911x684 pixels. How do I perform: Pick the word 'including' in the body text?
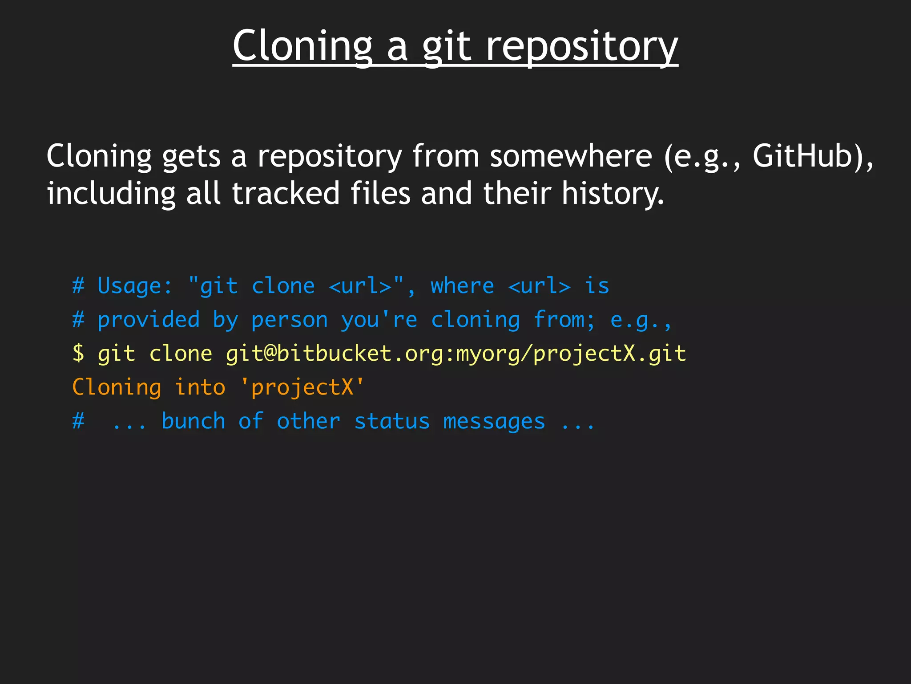[x=111, y=194]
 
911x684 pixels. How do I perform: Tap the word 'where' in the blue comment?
[x=462, y=286]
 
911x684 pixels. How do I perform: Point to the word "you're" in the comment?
[x=379, y=320]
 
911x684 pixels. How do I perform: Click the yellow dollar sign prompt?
[x=78, y=354]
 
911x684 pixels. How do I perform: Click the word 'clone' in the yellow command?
[x=181, y=354]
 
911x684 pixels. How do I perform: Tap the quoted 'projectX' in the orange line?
[x=302, y=387]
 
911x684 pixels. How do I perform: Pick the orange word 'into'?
[x=200, y=387]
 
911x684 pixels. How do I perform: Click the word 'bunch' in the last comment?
[x=193, y=421]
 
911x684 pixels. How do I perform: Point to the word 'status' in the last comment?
[x=392, y=421]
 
